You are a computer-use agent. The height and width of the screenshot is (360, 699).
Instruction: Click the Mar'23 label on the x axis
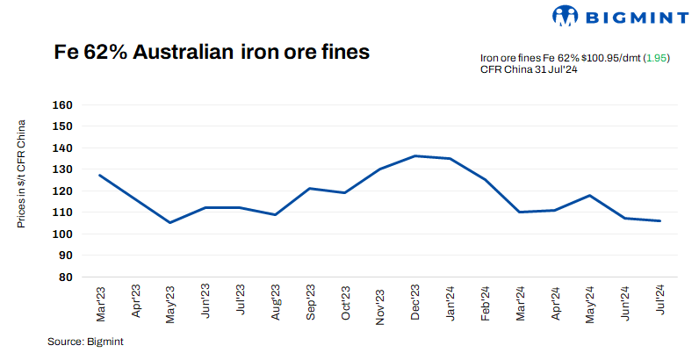tap(100, 301)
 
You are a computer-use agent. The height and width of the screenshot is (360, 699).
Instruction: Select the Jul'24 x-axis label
tap(659, 301)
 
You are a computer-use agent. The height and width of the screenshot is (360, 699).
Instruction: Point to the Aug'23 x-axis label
tap(275, 302)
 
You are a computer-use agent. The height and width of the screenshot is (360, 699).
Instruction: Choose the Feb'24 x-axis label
tap(485, 302)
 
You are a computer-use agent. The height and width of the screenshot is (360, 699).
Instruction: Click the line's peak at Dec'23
tap(414, 156)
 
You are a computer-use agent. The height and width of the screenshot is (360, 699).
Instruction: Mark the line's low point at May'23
tap(169, 222)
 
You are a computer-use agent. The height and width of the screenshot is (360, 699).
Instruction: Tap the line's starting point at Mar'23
tap(100, 175)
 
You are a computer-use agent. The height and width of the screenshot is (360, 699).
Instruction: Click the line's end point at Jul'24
tap(659, 220)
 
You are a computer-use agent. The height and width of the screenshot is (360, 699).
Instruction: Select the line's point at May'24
tap(589, 195)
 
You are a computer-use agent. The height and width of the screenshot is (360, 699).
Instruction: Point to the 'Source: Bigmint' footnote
tap(85, 342)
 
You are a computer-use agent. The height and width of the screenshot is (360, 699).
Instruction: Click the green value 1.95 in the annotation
tap(657, 57)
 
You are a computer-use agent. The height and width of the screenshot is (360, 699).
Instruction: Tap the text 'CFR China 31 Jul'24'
tap(528, 69)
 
